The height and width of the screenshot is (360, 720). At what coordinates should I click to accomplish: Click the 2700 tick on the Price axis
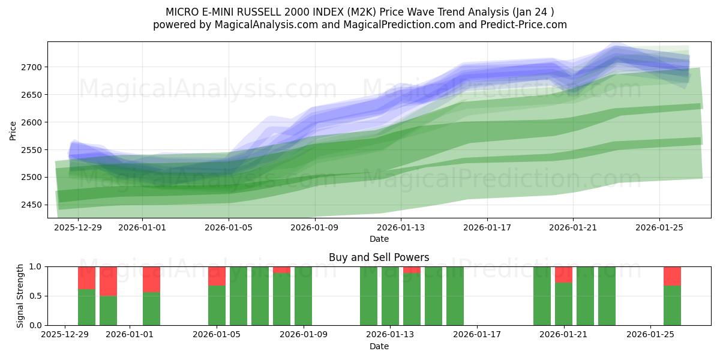[x=30, y=67]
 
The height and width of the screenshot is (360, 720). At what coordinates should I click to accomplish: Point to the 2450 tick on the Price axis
[x=30, y=205]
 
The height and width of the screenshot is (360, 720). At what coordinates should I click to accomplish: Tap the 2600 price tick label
[x=30, y=122]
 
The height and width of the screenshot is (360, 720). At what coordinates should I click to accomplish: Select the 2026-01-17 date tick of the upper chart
[x=487, y=228]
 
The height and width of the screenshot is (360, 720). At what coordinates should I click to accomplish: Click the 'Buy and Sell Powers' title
[x=379, y=257]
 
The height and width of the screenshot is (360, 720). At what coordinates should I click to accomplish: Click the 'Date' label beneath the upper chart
[x=379, y=239]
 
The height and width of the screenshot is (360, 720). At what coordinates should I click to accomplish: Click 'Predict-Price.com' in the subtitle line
[x=518, y=25]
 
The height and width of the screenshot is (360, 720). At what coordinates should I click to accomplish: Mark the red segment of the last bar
[x=672, y=276]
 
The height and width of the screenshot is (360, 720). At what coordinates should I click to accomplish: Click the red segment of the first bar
[x=86, y=278]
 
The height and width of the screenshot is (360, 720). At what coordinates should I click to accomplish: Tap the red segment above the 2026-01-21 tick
[x=563, y=274]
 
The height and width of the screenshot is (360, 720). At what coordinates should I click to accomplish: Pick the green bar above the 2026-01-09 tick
[x=303, y=296]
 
